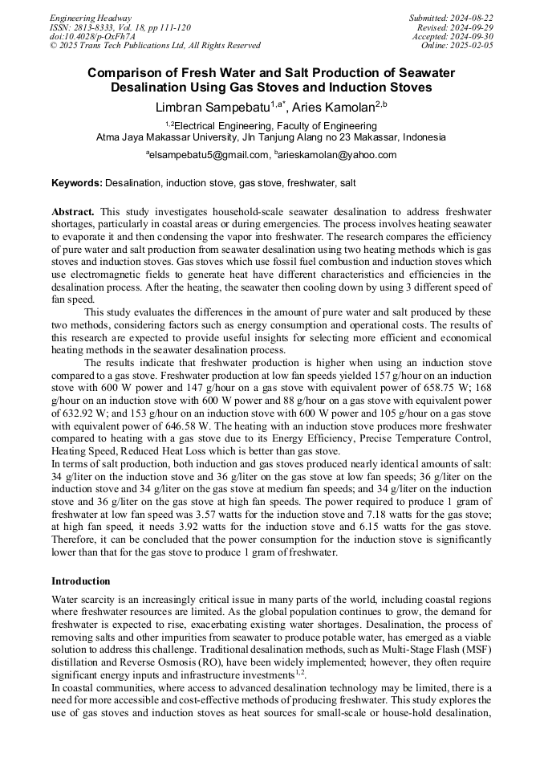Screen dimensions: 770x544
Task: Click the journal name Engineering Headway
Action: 91,18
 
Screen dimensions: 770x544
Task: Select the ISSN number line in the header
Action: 120,27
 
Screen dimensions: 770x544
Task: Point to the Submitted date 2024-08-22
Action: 452,18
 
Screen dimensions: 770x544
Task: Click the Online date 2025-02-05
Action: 458,47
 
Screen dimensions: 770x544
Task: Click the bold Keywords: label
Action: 77,183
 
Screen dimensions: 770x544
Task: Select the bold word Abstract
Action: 73,211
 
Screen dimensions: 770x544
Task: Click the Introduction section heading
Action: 81,581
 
